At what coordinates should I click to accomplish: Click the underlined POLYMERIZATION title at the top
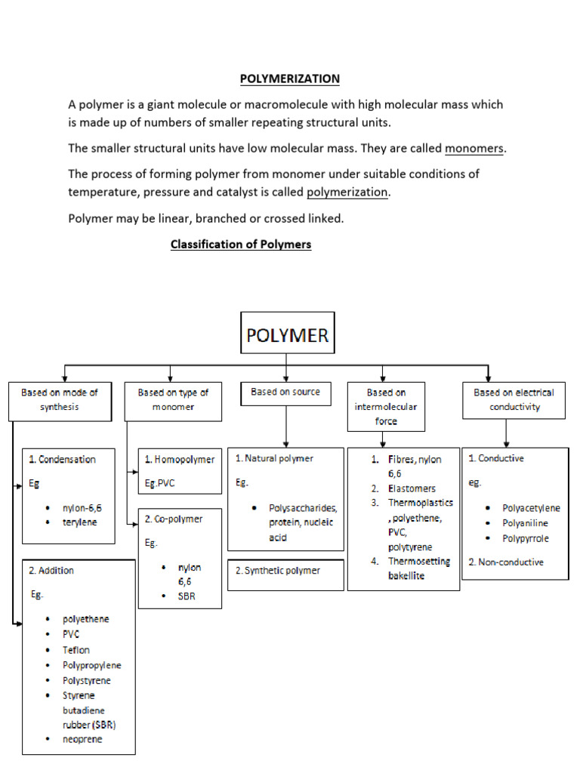point(289,79)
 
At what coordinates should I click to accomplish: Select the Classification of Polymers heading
point(241,245)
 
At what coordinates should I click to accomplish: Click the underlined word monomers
point(474,149)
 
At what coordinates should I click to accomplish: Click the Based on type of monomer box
point(173,400)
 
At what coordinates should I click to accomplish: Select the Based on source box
point(285,393)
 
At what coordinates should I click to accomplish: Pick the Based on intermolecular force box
point(386,407)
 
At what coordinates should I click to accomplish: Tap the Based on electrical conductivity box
point(514,400)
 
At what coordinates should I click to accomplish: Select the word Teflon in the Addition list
point(76,650)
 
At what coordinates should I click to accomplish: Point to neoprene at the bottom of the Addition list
point(82,739)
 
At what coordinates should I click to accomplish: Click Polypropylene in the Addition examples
point(92,665)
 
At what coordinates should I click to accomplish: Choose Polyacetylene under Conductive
point(531,508)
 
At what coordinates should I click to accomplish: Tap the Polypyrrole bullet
point(526,538)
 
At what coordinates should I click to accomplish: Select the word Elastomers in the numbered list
point(412,488)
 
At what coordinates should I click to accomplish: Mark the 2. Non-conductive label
point(506,562)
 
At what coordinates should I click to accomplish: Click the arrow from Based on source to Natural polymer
point(285,427)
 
